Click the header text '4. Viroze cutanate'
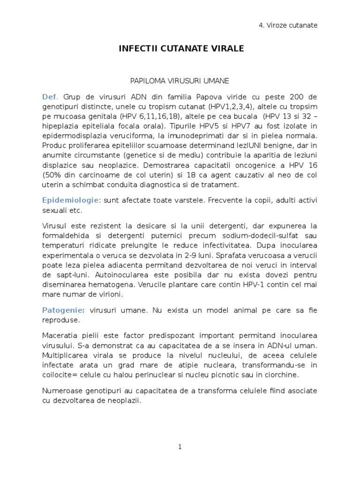point(288,25)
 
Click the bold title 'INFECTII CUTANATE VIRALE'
point(180,48)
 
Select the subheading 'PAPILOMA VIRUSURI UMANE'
point(180,81)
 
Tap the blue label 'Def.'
point(50,97)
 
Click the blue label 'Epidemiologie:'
point(71,200)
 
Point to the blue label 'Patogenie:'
point(63,310)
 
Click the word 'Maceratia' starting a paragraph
point(59,337)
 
